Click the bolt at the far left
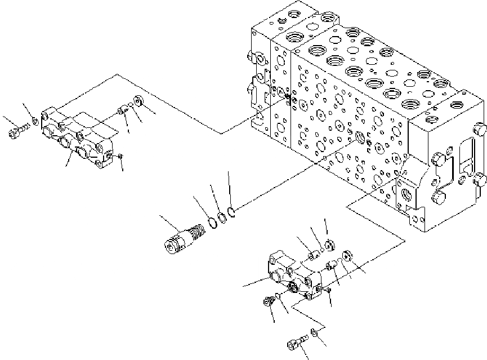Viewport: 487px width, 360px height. (16, 134)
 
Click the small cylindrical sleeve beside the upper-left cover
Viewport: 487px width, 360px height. (122, 110)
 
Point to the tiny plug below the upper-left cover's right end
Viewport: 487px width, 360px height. (120, 156)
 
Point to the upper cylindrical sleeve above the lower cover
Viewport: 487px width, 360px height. (314, 257)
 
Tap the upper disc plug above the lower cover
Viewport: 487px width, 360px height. (330, 245)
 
